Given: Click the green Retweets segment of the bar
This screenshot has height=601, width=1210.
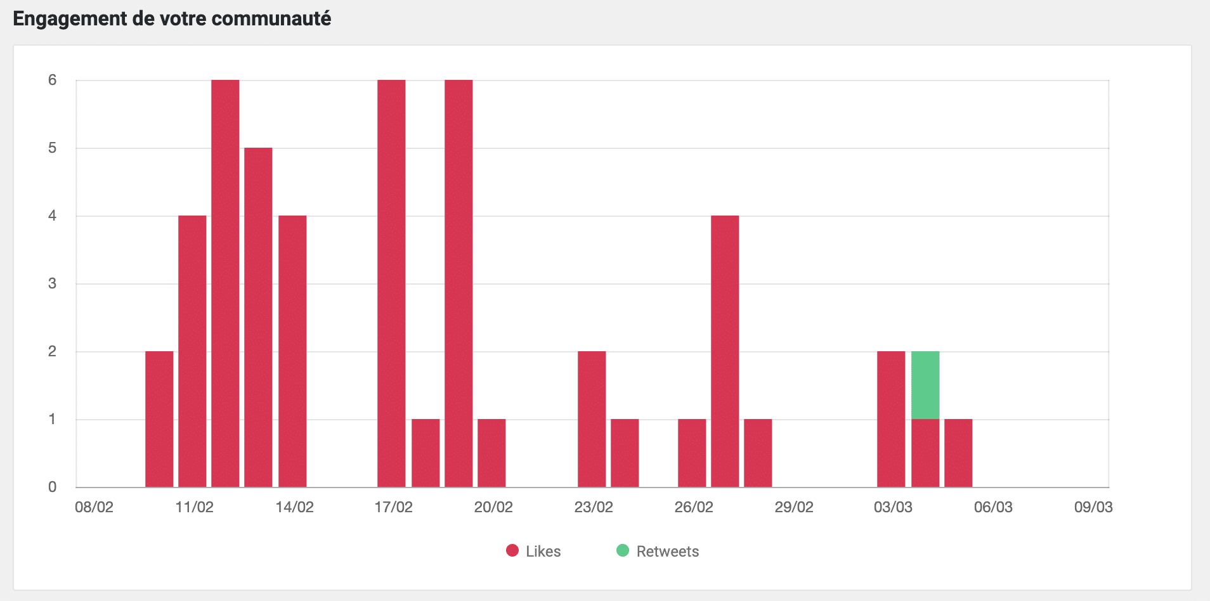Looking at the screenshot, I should (x=925, y=385).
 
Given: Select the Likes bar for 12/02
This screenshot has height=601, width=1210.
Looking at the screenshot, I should (x=225, y=283).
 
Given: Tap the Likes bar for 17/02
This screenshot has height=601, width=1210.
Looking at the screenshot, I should (x=391, y=283).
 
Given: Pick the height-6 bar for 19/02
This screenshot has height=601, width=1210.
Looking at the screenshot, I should (x=459, y=283).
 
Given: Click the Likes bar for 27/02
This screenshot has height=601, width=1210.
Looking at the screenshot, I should (x=725, y=351).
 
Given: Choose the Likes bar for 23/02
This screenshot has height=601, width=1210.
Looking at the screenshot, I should (x=592, y=419).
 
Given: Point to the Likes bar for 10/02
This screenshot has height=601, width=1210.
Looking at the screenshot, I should (x=159, y=419).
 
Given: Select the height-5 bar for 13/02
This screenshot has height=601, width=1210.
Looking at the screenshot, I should (x=258, y=317).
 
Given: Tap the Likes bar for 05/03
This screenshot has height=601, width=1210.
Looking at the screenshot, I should (x=958, y=453).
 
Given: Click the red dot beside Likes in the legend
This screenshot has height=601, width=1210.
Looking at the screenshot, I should (x=512, y=550).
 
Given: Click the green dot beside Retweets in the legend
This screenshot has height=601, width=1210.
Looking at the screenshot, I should (x=623, y=550).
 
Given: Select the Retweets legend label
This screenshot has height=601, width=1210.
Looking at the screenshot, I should (x=667, y=552).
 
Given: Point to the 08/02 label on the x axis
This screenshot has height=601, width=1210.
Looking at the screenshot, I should (x=94, y=507).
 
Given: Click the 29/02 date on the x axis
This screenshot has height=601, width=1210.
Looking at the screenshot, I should (x=793, y=507).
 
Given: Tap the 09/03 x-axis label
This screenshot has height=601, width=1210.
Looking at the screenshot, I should (x=1093, y=507).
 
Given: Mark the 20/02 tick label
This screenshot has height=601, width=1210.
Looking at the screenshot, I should (x=493, y=507).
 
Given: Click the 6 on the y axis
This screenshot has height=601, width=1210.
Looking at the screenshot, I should (x=52, y=80).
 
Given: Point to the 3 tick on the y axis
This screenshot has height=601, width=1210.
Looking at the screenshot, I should (x=52, y=283).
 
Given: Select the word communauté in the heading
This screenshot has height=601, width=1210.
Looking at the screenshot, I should (x=271, y=19).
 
